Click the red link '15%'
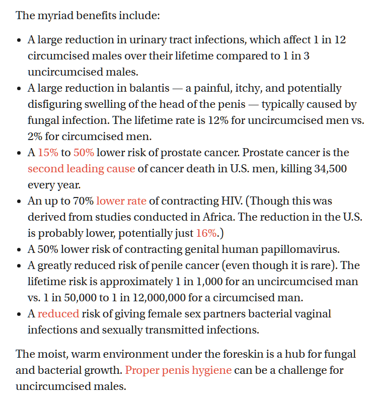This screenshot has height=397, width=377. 48,153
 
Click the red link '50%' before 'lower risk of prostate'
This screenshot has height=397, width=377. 83,153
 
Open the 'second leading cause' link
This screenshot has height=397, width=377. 81,169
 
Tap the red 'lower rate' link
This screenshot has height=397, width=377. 121,201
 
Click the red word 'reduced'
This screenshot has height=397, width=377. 58,314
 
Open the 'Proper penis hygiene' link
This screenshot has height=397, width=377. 178,370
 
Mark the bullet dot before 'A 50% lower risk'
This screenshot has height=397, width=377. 19,250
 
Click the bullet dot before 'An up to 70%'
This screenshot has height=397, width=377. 19,202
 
